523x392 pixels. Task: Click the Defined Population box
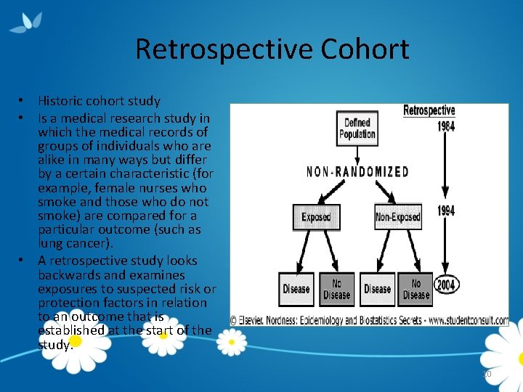click(x=357, y=128)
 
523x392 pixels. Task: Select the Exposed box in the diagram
click(x=316, y=216)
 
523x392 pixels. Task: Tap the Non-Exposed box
click(x=397, y=216)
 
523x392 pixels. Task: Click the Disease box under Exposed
click(x=296, y=289)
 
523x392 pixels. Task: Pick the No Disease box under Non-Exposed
click(x=416, y=289)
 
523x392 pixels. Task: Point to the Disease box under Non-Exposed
click(x=377, y=289)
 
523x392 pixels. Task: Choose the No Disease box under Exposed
click(x=336, y=289)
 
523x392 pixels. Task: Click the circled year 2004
click(x=445, y=285)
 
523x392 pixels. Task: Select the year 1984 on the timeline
click(x=445, y=127)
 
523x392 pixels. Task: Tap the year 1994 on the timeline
click(x=446, y=211)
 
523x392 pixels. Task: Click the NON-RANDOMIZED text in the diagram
click(x=357, y=172)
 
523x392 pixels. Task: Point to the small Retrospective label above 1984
click(x=429, y=111)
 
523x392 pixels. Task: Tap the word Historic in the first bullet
click(x=60, y=101)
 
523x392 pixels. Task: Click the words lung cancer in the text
click(x=72, y=244)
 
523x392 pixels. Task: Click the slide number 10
click(x=487, y=374)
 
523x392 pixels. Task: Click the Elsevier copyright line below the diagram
click(x=369, y=320)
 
